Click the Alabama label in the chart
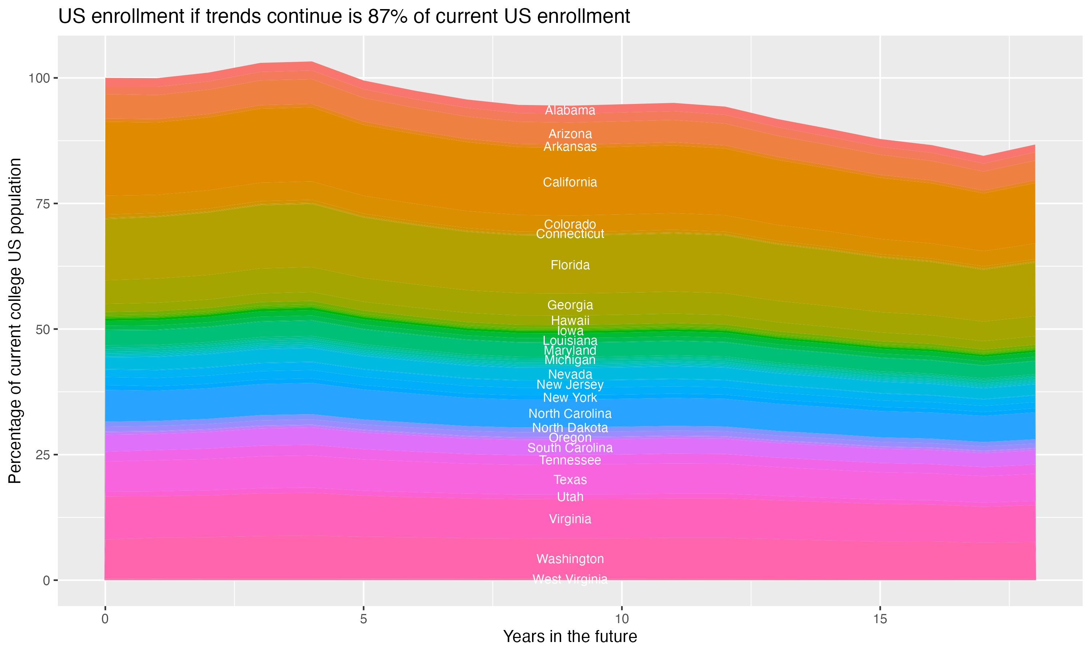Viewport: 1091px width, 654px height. click(x=570, y=110)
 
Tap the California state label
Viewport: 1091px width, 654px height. click(x=570, y=182)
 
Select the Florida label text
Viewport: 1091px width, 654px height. click(x=570, y=265)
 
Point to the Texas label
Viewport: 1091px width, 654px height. click(x=570, y=480)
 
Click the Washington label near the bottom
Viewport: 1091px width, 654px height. click(x=570, y=559)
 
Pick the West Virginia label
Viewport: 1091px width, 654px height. click(x=570, y=579)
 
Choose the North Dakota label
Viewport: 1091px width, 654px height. click(x=570, y=428)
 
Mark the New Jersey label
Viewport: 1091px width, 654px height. click(x=570, y=384)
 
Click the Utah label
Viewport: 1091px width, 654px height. click(x=570, y=497)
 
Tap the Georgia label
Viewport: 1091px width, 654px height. click(x=570, y=305)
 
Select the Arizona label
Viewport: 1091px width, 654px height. click(x=570, y=134)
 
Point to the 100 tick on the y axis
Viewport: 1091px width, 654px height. click(x=39, y=78)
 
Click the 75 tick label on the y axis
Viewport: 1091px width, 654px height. click(x=43, y=203)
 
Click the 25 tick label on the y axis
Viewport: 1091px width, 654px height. click(x=43, y=455)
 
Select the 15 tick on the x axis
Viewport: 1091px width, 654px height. click(x=880, y=619)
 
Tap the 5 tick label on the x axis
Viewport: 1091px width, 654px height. click(x=363, y=619)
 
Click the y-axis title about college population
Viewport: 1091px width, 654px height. click(x=15, y=320)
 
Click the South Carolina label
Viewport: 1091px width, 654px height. click(x=570, y=448)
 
